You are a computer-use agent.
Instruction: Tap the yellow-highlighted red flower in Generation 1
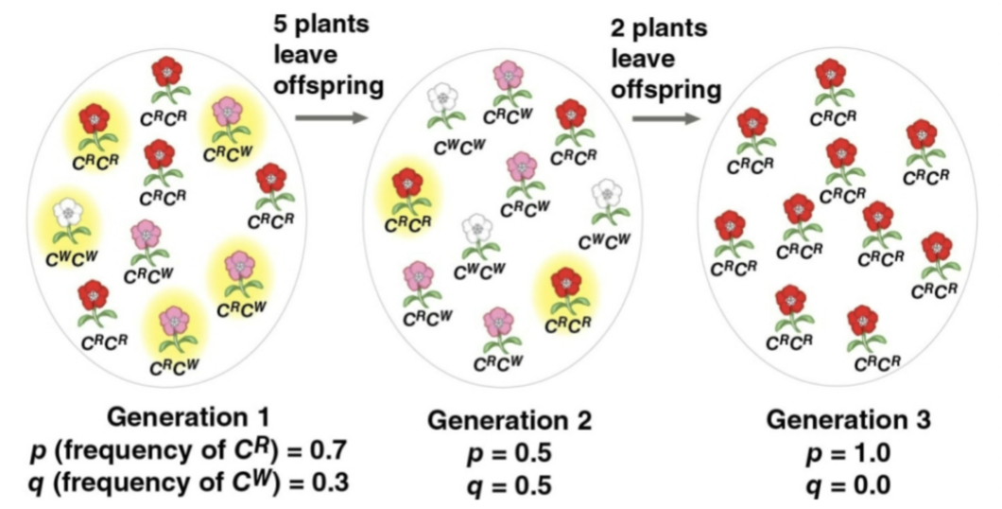click(93, 120)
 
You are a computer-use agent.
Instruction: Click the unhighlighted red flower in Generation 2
click(569, 117)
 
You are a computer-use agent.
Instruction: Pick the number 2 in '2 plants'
click(618, 24)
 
